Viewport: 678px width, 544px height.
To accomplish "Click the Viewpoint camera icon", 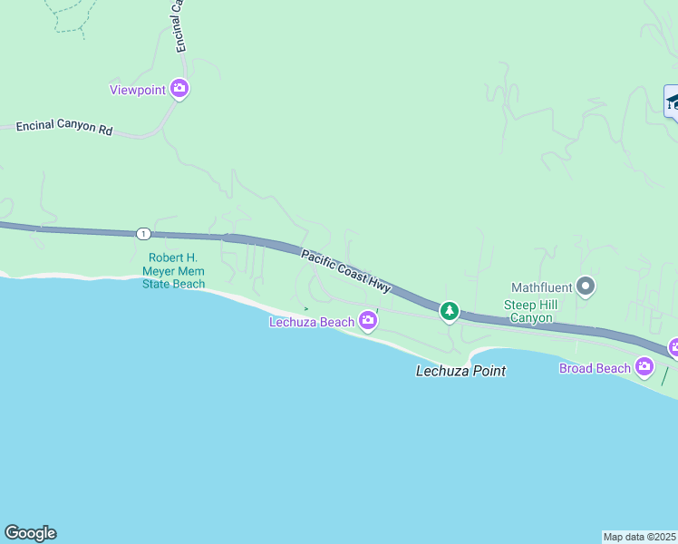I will [x=179, y=88].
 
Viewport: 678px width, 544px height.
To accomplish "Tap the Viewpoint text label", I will [x=138, y=90].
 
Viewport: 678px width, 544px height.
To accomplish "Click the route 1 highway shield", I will [x=143, y=234].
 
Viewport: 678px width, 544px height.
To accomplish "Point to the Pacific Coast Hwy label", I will [x=346, y=271].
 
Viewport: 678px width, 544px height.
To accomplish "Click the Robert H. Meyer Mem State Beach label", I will [x=174, y=270].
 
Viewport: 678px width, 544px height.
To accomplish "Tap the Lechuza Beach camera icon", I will [x=368, y=320].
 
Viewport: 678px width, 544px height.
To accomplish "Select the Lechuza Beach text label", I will [x=312, y=322].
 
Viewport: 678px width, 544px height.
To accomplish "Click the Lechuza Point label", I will [x=460, y=371].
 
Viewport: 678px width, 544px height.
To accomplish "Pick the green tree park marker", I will [x=449, y=312].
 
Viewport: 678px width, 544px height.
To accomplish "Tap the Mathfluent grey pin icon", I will [x=586, y=287].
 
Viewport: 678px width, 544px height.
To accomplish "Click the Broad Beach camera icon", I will [x=644, y=366].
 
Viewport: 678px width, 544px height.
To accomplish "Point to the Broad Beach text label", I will [x=595, y=368].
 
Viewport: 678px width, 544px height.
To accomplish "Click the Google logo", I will [x=30, y=533].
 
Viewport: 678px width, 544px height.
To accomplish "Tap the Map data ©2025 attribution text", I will [x=640, y=537].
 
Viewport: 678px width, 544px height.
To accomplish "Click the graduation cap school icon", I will [x=672, y=102].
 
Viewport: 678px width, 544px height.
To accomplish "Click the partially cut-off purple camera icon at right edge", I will [x=674, y=347].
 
